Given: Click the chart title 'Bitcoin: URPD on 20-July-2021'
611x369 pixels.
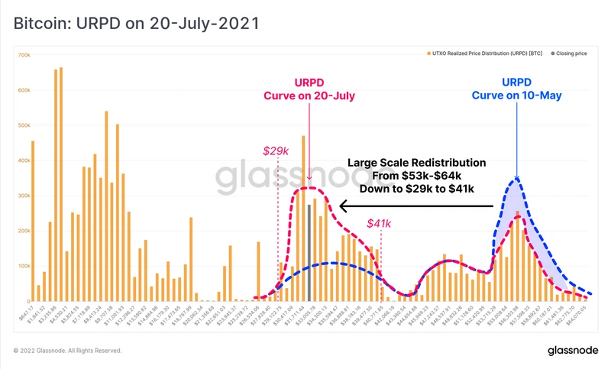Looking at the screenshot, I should tap(136, 24).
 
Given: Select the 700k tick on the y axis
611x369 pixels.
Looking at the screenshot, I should tap(24, 56).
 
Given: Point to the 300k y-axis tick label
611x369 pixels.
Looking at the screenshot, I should tap(24, 196).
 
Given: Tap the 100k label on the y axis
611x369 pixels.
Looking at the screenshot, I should tap(24, 265).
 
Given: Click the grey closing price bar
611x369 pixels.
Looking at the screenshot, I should tap(309, 252).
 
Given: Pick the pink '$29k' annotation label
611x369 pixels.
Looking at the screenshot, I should tap(276, 151).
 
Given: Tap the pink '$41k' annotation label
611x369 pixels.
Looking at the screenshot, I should tap(380, 223).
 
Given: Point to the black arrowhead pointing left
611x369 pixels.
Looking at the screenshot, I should tap(344, 205).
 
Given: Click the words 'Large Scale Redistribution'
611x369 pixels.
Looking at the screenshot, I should tap(417, 163).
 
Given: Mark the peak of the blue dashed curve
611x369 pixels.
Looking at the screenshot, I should tap(517, 179).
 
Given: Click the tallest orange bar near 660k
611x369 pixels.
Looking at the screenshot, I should tap(60, 183).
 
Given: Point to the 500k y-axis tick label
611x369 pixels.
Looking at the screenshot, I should tap(24, 125).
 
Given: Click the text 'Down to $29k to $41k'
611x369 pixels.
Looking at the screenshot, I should tap(417, 189).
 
